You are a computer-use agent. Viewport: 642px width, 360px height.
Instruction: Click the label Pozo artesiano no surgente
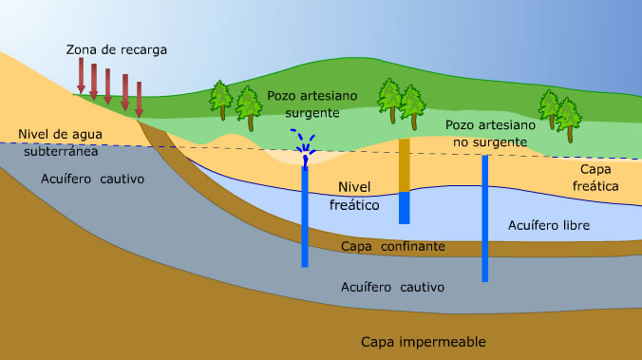point(489,133)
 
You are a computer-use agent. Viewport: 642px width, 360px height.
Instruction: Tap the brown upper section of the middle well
point(404,165)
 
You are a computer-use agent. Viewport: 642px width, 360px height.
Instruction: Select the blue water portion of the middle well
point(404,207)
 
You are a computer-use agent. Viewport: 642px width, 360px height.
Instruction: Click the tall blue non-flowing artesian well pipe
point(485,218)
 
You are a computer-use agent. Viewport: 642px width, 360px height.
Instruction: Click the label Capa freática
point(599,178)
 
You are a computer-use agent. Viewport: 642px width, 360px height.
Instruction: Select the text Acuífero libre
point(549,225)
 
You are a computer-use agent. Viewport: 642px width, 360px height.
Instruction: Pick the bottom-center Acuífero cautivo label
point(393,285)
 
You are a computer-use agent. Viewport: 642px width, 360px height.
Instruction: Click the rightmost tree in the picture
point(569,120)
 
